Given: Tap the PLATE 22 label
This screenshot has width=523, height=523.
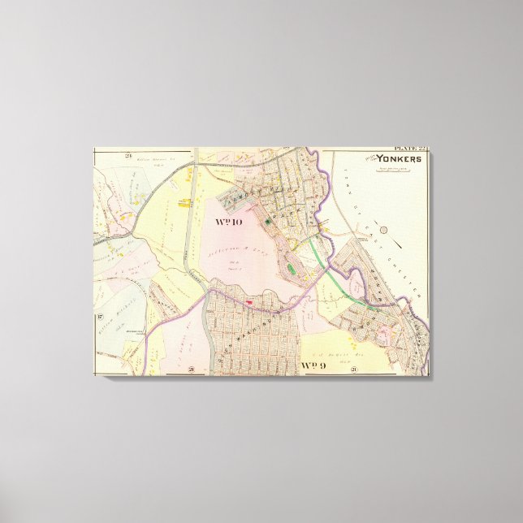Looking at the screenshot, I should [410, 149].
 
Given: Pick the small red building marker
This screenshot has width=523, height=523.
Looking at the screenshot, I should [250, 302].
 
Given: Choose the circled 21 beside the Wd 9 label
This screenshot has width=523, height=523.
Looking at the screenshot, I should [354, 370].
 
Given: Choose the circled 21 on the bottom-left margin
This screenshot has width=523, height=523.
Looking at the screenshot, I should [190, 370].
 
